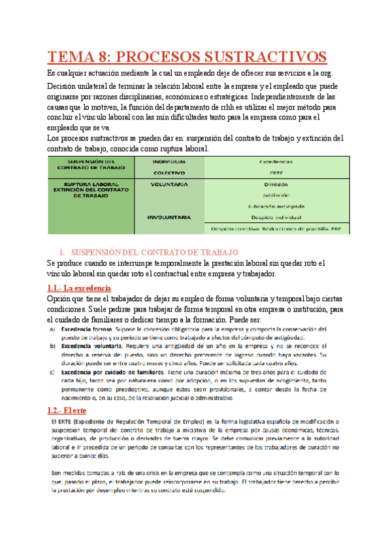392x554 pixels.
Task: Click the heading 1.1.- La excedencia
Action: coord(79,288)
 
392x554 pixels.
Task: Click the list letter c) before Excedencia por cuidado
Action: coord(52,372)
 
